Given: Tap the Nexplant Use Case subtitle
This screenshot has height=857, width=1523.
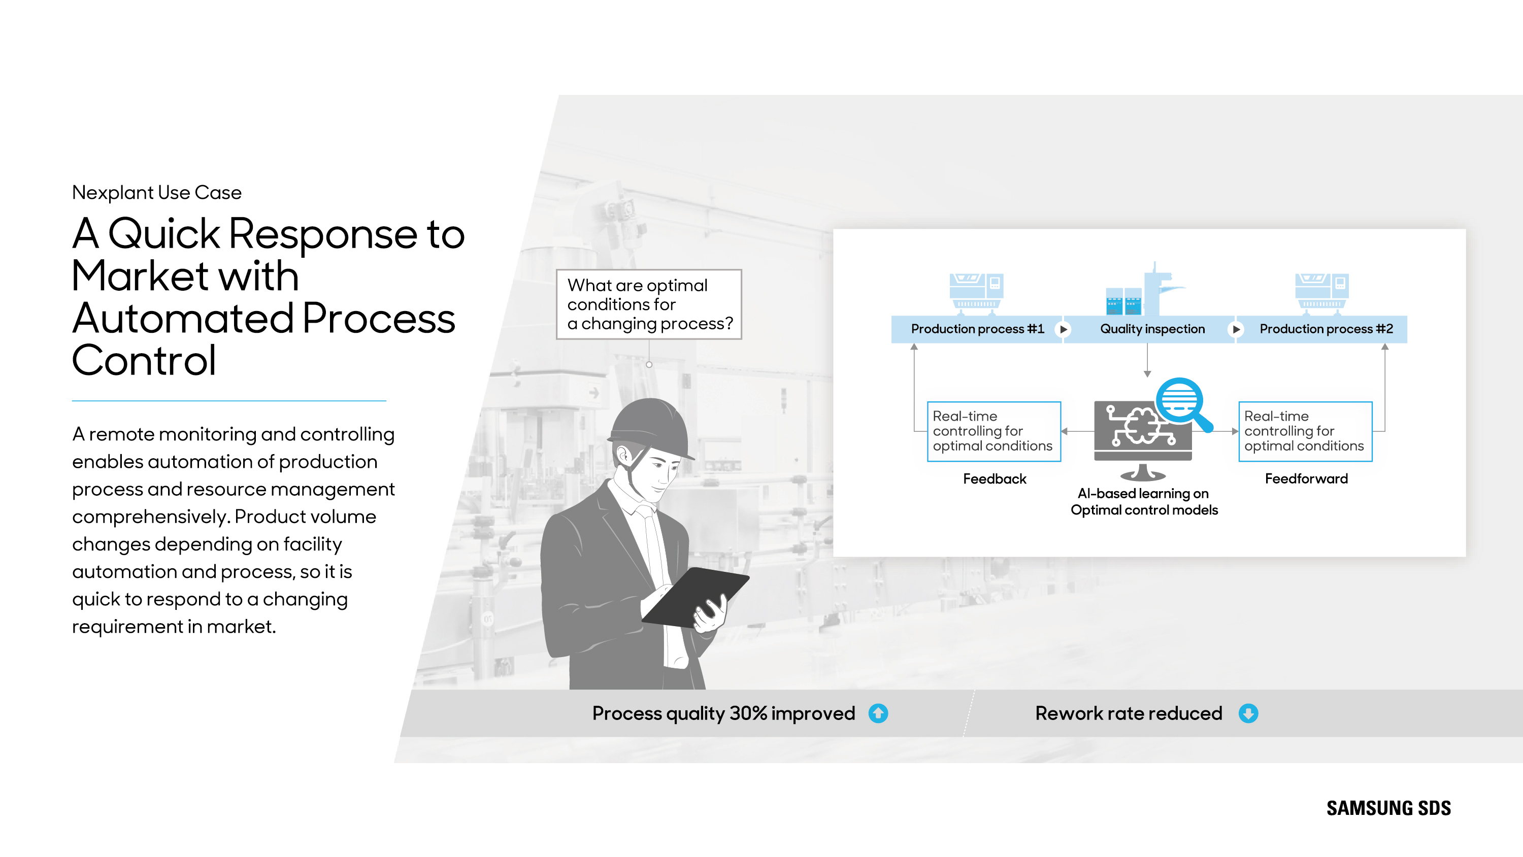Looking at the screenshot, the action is [x=157, y=193].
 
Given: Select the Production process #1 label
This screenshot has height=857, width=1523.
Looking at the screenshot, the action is [x=977, y=329].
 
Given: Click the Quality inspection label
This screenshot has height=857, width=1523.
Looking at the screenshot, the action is [x=1152, y=329].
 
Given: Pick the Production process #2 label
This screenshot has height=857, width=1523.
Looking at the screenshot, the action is [x=1326, y=329].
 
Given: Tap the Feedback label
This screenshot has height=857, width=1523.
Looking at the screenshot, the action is [x=995, y=479].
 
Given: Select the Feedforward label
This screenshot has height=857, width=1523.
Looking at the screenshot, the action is [x=1306, y=479].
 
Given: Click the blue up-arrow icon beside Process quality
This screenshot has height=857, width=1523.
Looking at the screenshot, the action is [x=878, y=713].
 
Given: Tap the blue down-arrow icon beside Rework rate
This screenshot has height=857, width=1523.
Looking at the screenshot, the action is [x=1248, y=713].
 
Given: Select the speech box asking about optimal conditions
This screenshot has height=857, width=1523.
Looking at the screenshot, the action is [x=649, y=304].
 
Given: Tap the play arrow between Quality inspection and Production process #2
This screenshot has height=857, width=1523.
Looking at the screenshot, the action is [x=1236, y=330].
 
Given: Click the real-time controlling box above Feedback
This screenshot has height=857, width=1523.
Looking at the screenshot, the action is [x=994, y=431].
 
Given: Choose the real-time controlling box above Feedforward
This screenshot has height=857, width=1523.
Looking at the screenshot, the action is [x=1305, y=431].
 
